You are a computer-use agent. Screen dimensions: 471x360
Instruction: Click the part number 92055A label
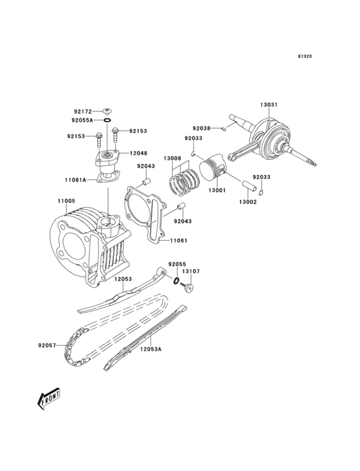click(x=82, y=120)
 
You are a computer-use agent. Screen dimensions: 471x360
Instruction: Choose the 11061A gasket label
click(x=75, y=180)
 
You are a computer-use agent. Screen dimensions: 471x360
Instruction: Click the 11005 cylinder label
click(x=66, y=201)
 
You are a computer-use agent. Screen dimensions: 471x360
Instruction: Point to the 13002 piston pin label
click(x=248, y=202)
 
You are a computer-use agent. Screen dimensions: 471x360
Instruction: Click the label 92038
click(x=201, y=129)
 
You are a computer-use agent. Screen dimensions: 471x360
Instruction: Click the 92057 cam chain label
click(x=48, y=346)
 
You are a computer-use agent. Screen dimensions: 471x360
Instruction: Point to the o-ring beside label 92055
click(x=175, y=281)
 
